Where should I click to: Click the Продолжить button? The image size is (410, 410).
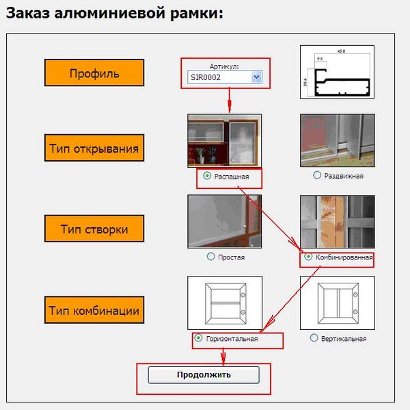pyautogui.click(x=204, y=374)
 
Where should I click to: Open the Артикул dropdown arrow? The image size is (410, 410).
pyautogui.click(x=257, y=77)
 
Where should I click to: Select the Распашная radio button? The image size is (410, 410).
pyautogui.click(x=207, y=175)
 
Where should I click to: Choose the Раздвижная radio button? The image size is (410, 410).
pyautogui.click(x=317, y=175)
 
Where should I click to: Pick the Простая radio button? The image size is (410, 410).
pyautogui.click(x=210, y=257)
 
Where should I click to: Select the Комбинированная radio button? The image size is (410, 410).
pyautogui.click(x=309, y=257)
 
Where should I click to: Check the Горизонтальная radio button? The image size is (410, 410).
pyautogui.click(x=198, y=338)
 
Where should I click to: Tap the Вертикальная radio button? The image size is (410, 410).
pyautogui.click(x=314, y=338)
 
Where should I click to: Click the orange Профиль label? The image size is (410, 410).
pyautogui.click(x=94, y=73)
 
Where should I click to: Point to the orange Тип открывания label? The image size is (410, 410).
pyautogui.click(x=94, y=148)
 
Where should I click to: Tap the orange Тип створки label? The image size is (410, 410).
pyautogui.click(x=94, y=229)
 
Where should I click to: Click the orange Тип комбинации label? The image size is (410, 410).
pyautogui.click(x=94, y=311)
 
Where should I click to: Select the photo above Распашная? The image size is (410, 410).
pyautogui.click(x=224, y=140)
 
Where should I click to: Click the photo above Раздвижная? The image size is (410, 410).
pyautogui.click(x=337, y=140)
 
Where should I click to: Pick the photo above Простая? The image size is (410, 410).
pyautogui.click(x=224, y=221)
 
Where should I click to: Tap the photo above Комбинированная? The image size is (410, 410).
pyautogui.click(x=337, y=221)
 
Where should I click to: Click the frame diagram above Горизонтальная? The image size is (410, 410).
pyautogui.click(x=224, y=303)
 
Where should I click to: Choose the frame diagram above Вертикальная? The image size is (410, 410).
pyautogui.click(x=337, y=303)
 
